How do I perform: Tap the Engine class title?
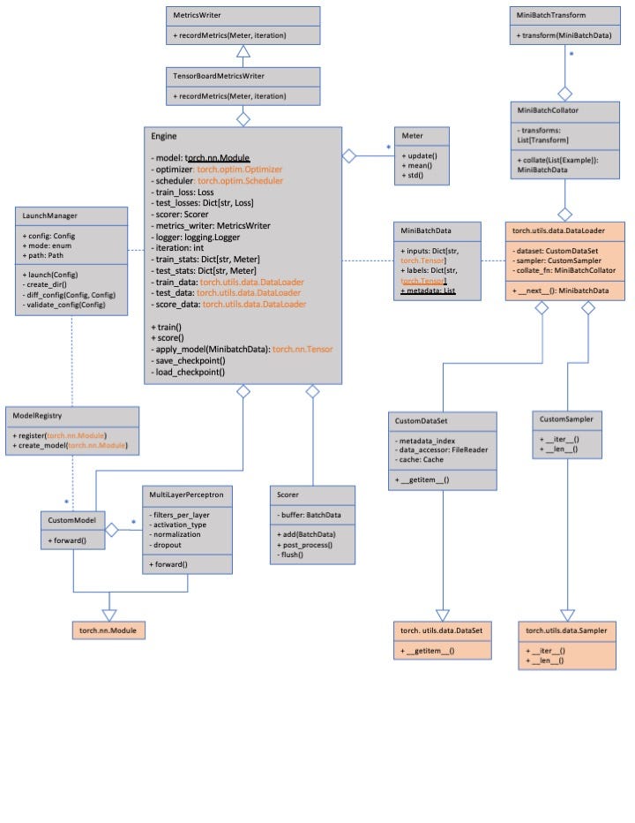(164, 137)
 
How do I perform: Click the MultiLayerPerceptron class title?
(186, 495)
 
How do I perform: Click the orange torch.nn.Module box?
(109, 630)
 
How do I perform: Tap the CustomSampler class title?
(567, 419)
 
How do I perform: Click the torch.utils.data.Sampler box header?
(565, 630)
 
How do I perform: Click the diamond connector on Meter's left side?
(348, 155)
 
